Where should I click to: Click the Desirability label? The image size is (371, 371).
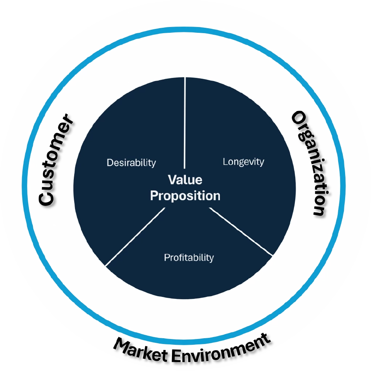coord(131,162)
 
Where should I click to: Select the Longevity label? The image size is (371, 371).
coord(243,161)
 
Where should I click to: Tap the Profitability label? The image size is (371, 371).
coord(189,257)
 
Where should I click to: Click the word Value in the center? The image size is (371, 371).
coord(185,180)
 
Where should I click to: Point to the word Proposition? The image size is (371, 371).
coord(185,196)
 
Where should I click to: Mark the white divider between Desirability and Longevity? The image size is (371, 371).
coord(185,123)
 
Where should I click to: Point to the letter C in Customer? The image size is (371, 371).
coord(46,197)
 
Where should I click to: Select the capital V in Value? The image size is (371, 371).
coord(172,180)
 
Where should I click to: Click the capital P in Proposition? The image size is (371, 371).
coord(154,196)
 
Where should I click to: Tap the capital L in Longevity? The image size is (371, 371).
coord(225,161)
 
